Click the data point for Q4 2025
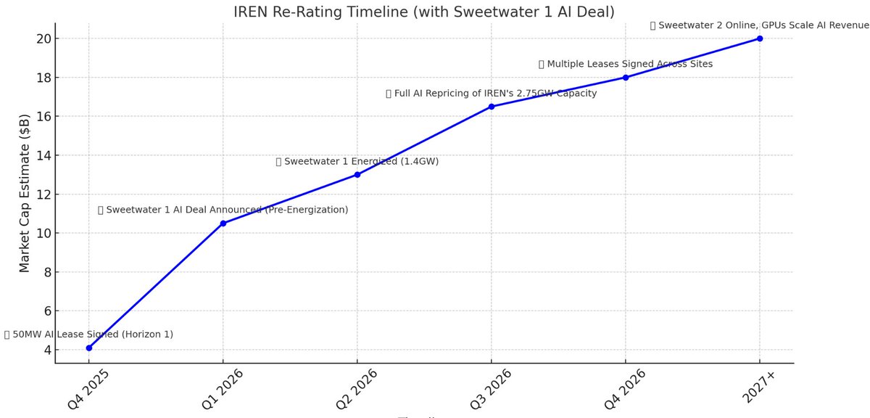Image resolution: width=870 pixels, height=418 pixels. coord(88,348)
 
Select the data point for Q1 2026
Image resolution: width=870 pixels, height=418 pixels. coord(223,224)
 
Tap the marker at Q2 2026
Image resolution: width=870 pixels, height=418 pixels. coord(357,174)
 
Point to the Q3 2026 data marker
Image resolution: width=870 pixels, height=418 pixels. coord(492,107)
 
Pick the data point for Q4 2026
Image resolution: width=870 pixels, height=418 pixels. coord(626,77)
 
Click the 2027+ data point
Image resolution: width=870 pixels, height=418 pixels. coord(760,38)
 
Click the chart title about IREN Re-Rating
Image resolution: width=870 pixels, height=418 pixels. coord(425,12)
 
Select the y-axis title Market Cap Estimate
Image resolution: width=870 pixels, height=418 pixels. coord(25,193)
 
